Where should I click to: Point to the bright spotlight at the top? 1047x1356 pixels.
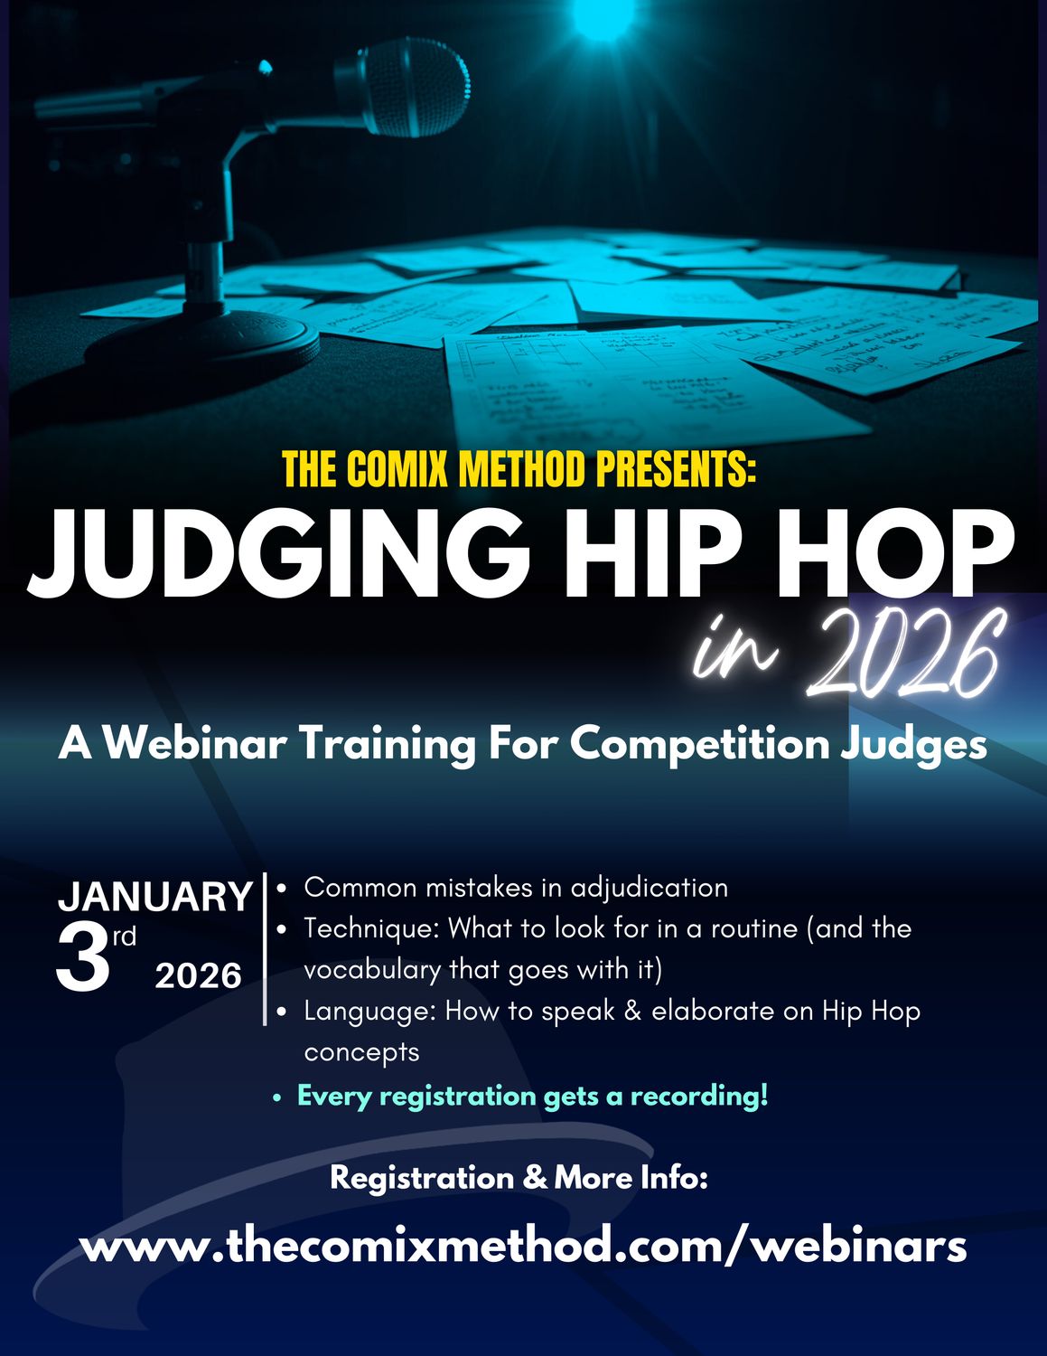point(601,18)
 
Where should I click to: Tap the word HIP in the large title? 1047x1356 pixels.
point(655,553)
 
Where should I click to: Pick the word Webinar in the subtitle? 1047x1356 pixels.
point(196,744)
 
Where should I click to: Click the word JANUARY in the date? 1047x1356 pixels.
point(154,897)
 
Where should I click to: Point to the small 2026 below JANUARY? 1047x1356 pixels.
point(199,976)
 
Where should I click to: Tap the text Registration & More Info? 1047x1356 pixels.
point(519,1178)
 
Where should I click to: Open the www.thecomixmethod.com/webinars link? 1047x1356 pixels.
point(523,1246)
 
